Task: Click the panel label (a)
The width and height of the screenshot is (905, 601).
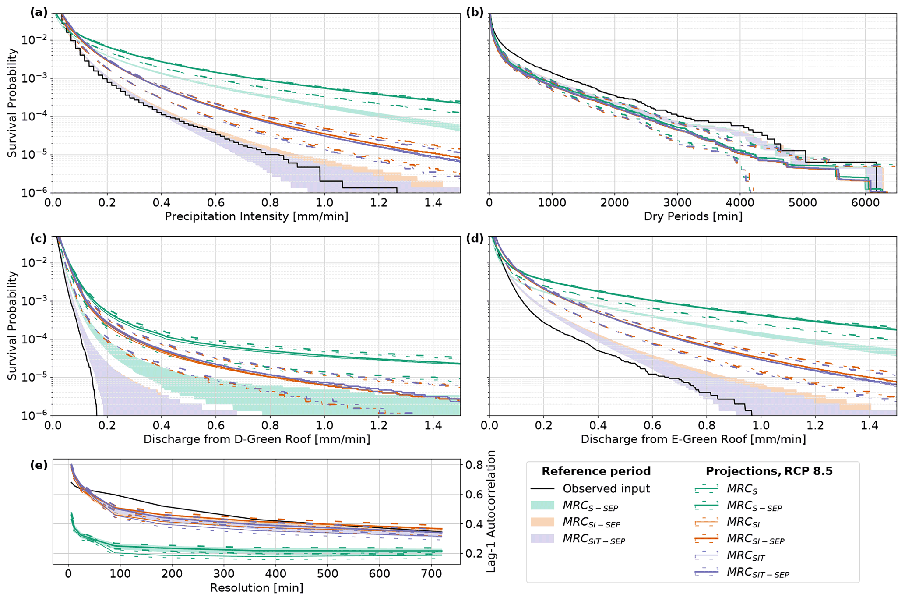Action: pyautogui.click(x=39, y=13)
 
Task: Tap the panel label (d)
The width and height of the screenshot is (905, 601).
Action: pyautogui.click(x=475, y=239)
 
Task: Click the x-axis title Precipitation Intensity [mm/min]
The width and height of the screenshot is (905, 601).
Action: pyautogui.click(x=257, y=216)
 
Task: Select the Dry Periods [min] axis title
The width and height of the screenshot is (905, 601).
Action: pyautogui.click(x=693, y=216)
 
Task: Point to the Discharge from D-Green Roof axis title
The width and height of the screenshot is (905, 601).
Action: pyautogui.click(x=257, y=439)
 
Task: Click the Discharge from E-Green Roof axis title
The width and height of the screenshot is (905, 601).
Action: pyautogui.click(x=693, y=439)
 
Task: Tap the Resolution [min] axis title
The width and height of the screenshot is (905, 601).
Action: pyautogui.click(x=257, y=587)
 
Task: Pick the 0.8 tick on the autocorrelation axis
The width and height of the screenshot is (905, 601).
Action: pyautogui.click(x=475, y=465)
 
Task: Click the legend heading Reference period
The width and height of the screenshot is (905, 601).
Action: pyautogui.click(x=596, y=471)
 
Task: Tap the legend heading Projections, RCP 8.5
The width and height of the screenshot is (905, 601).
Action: pyautogui.click(x=769, y=471)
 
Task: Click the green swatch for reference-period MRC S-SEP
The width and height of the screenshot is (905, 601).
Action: pyautogui.click(x=542, y=506)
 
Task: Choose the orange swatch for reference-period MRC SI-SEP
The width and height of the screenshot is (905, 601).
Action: pyautogui.click(x=542, y=522)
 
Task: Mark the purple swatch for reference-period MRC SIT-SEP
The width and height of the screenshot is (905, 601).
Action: pyautogui.click(x=542, y=539)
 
